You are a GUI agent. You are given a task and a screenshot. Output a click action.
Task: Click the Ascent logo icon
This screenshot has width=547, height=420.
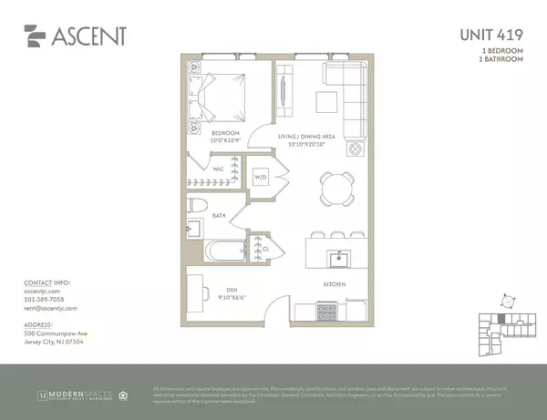point(36,36)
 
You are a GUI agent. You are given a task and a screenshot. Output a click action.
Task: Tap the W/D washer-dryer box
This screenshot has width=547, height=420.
point(261,177)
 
